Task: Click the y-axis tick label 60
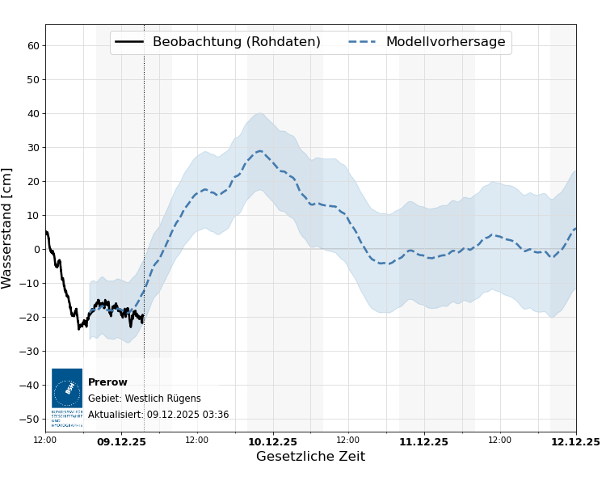(x=33, y=45)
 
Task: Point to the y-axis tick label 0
(x=36, y=249)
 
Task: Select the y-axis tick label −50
(x=30, y=419)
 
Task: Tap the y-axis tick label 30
(x=33, y=147)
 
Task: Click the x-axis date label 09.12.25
(x=121, y=441)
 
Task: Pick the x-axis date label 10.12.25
(x=272, y=441)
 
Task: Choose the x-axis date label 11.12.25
(x=423, y=441)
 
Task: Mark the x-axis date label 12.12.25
(x=575, y=441)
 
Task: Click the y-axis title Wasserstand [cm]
(x=7, y=228)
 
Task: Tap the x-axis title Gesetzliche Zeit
(x=310, y=457)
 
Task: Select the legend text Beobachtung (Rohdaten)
(x=236, y=42)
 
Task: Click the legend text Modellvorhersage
(x=445, y=42)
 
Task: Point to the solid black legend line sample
(x=129, y=42)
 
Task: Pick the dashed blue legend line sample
(x=363, y=42)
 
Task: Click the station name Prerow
(x=107, y=382)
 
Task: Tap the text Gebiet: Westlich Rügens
(x=144, y=399)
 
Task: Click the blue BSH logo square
(x=67, y=389)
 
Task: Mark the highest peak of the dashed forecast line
(x=259, y=150)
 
